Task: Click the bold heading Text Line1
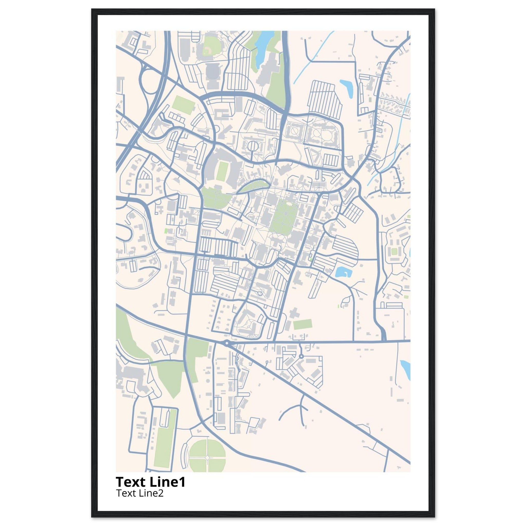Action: tap(150, 482)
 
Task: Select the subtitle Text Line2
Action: tap(140, 493)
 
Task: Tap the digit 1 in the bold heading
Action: tap(183, 482)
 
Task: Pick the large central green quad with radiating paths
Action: tap(283, 218)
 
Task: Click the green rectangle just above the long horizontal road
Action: tap(302, 324)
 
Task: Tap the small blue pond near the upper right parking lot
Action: tap(346, 87)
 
